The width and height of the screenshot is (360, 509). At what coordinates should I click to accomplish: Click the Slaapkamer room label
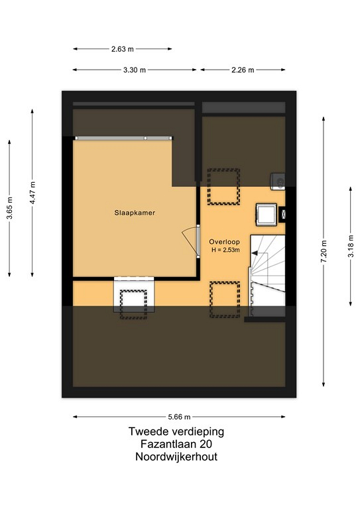point(135,213)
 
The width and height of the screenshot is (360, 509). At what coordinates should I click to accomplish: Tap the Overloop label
point(224,242)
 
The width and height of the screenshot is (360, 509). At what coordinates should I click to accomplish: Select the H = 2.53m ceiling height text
point(225,250)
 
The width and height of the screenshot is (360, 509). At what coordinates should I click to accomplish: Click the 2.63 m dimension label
point(123,49)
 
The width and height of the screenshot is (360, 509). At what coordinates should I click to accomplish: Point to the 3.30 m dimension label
point(135,70)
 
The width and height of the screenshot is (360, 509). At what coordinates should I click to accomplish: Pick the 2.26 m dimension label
point(243,70)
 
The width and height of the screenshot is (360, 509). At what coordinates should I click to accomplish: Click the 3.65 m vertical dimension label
point(10,208)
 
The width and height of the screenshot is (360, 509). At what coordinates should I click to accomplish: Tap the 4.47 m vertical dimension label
point(32,193)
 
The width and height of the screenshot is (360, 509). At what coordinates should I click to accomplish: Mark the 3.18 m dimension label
point(351,246)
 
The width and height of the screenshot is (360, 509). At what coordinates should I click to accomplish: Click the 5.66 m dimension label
point(179,417)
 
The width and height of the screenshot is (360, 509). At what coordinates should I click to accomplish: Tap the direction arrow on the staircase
point(255,253)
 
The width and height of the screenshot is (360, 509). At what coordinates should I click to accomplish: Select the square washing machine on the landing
point(266,214)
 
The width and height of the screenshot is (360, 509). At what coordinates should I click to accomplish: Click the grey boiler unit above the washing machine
point(278,181)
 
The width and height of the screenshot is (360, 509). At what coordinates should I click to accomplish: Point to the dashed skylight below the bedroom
point(133,304)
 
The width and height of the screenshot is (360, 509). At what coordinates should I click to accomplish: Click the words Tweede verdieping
point(176,431)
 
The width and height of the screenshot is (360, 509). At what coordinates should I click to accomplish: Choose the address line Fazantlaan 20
point(176,444)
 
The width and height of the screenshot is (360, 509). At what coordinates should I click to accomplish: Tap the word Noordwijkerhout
point(176,457)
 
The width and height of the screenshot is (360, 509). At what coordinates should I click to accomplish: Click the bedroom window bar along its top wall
point(124,139)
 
